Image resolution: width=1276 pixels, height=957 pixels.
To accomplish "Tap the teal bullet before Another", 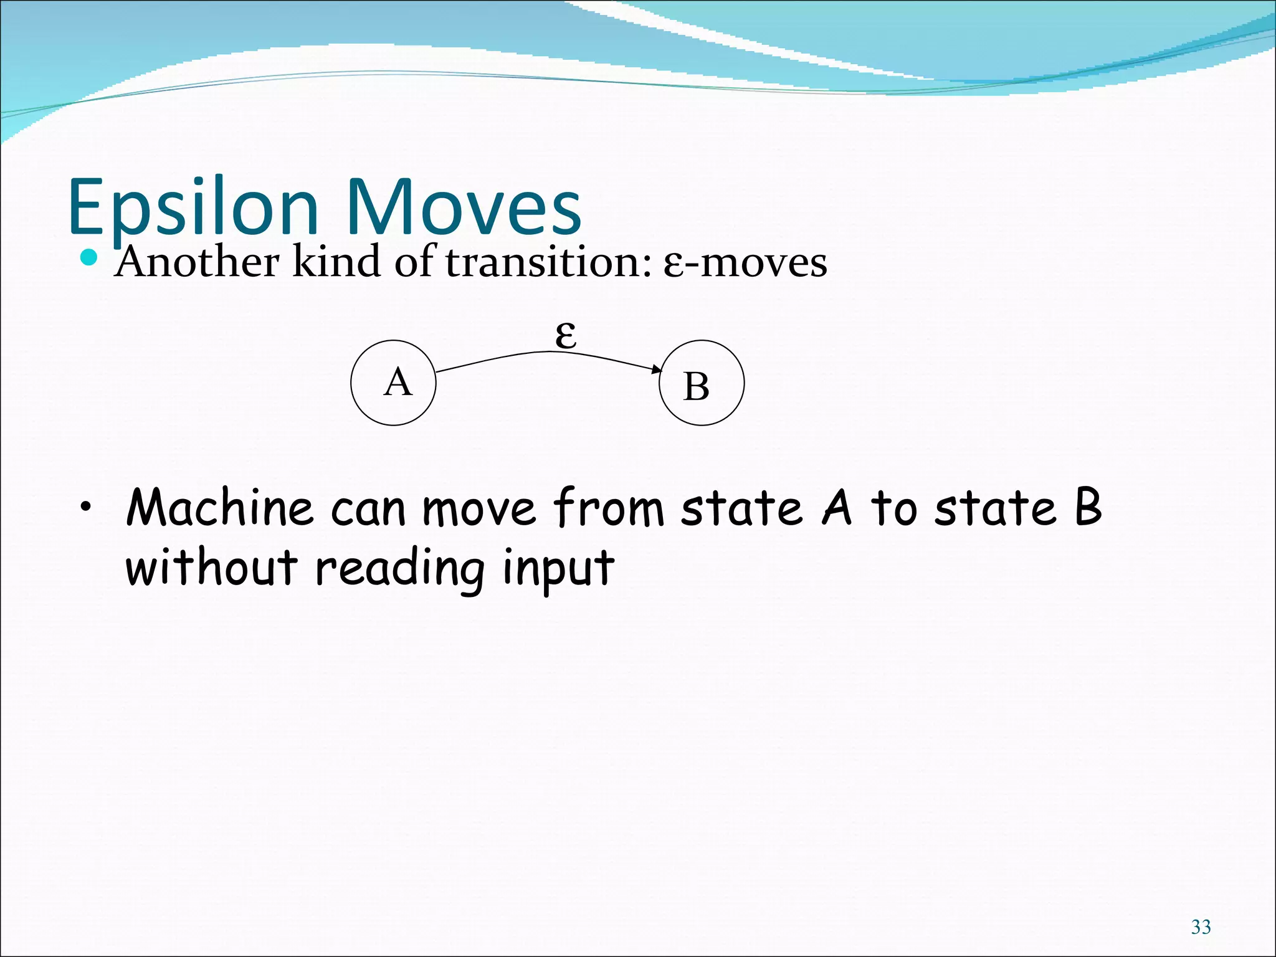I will pos(90,257).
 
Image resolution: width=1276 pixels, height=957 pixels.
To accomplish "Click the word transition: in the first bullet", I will pos(548,262).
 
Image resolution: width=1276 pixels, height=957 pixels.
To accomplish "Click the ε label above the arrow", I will pos(566,336).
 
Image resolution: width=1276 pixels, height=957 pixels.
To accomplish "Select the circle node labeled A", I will pos(393,383).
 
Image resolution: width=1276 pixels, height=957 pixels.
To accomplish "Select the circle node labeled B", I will pos(702,383).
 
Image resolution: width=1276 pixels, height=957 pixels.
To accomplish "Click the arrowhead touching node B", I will pos(657,371).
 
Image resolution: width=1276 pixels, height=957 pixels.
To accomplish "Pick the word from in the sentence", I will pos(609,508).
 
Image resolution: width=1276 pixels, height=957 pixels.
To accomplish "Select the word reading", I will pos(399,568).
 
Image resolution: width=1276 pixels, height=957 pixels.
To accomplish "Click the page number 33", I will pos(1201,927).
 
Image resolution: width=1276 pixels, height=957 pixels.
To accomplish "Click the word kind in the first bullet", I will pos(336,262).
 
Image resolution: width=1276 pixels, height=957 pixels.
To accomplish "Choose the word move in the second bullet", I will pos(478,508).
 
